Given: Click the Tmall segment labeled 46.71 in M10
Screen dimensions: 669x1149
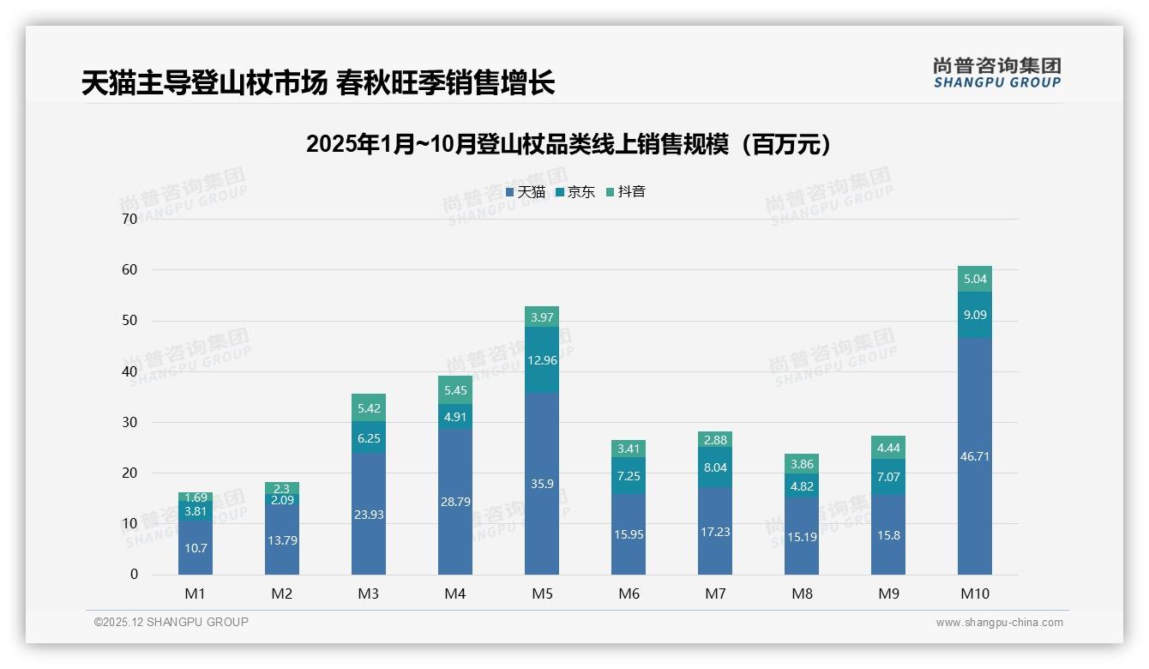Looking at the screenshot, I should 974,455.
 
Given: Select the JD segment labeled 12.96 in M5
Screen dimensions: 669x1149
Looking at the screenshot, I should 542,360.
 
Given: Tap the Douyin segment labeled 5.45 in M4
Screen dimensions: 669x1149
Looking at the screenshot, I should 455,390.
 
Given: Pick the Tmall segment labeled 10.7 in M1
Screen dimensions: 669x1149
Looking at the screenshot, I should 196,547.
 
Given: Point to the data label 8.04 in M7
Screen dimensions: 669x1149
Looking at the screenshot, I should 715,467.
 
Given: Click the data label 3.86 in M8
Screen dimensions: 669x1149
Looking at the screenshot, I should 802,464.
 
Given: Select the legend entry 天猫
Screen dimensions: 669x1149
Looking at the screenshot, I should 525,192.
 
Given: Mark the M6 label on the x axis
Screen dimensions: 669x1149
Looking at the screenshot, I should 629,594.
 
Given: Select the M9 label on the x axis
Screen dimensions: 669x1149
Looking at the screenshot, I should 888,594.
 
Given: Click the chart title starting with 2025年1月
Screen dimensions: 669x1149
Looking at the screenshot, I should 569,144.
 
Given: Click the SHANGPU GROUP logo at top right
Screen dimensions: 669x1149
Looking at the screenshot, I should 996,73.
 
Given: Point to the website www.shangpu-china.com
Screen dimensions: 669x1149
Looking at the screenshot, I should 999,623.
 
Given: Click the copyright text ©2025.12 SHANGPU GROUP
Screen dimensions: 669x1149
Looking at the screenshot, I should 171,622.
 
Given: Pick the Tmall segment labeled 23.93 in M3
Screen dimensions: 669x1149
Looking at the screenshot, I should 369,514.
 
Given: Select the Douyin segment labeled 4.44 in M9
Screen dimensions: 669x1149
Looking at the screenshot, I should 888,447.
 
